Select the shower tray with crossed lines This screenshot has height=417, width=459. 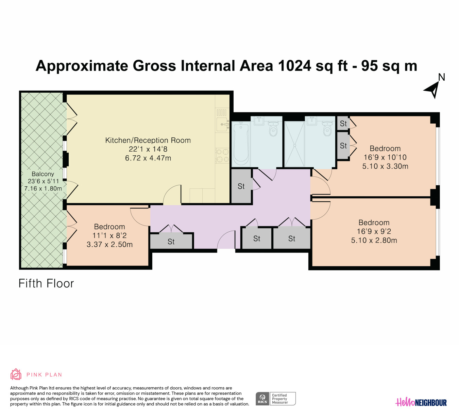coord(294,144)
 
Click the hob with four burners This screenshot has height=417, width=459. coord(222,155)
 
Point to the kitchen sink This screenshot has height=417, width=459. coord(223,124)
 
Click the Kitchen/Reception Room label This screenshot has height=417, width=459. coord(148,140)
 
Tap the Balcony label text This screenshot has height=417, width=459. coord(43,174)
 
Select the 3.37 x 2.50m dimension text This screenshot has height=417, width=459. coord(109,245)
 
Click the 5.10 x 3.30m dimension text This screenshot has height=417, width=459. coord(385,166)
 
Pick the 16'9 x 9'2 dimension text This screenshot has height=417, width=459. coord(374,231)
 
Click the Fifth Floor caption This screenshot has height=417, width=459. coord(46,283)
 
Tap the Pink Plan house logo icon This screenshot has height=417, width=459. coord(16,374)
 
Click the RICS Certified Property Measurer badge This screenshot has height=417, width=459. coord(275,399)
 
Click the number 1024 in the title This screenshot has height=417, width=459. coord(294,66)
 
